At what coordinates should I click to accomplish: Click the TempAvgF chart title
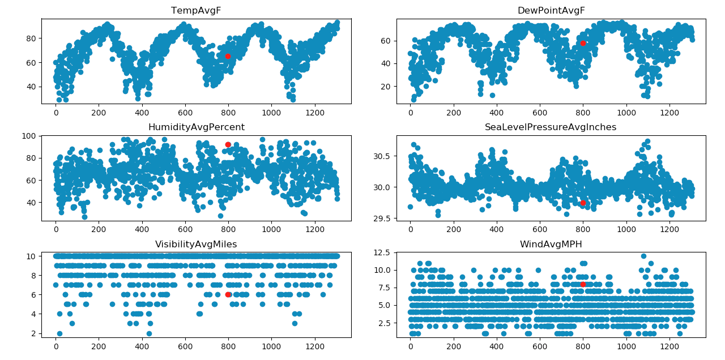pyautogui.click(x=196, y=11)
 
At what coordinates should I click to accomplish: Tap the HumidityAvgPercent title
pyautogui.click(x=196, y=127)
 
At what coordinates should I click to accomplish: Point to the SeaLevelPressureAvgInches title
pyautogui.click(x=551, y=127)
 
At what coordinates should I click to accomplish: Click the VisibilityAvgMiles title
pyautogui.click(x=196, y=244)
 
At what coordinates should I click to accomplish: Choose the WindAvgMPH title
pyautogui.click(x=551, y=244)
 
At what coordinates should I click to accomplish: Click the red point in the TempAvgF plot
pyautogui.click(x=228, y=56)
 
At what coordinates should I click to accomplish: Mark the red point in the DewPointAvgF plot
pyautogui.click(x=583, y=43)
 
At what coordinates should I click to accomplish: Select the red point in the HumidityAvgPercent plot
pyautogui.click(x=228, y=144)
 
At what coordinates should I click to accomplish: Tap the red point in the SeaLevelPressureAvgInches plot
pyautogui.click(x=583, y=203)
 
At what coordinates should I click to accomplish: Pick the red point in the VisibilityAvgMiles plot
pyautogui.click(x=228, y=294)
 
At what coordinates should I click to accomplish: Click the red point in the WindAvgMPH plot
pyautogui.click(x=583, y=284)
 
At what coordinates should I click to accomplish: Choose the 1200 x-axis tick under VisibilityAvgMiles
pyautogui.click(x=314, y=346)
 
